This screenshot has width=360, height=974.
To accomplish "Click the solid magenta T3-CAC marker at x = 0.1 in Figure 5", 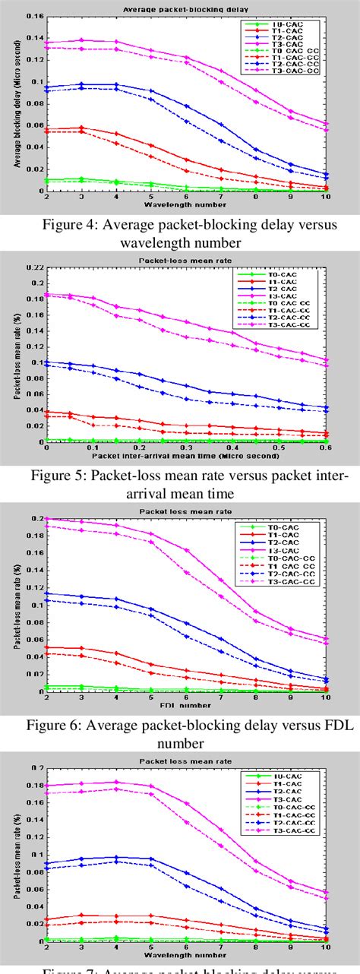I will pos(93,298).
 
